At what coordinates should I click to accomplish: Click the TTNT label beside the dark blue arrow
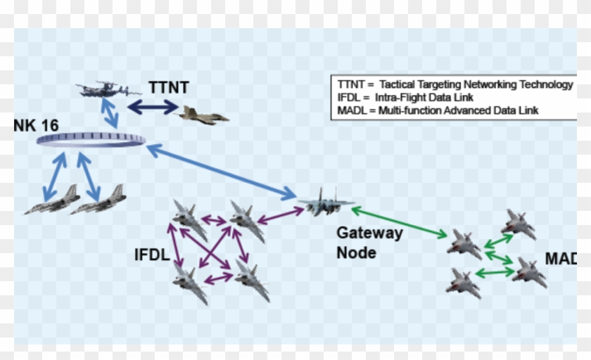[x=168, y=88]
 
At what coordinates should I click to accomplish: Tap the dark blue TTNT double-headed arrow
[x=153, y=107]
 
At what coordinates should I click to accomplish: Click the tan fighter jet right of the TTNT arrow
[x=203, y=115]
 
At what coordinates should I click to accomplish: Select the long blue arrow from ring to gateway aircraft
[x=221, y=171]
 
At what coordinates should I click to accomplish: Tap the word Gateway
[x=369, y=233]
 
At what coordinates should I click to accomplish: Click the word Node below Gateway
[x=356, y=252]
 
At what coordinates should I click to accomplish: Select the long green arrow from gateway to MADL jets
[x=399, y=222]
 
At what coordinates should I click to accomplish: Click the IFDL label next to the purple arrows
[x=151, y=255]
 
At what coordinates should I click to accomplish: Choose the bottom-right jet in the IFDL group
[x=252, y=279]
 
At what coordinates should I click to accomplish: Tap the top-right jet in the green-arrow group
[x=519, y=224]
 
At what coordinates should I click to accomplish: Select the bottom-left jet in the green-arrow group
[x=463, y=281]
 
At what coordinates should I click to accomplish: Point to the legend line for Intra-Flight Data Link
[x=405, y=97]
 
